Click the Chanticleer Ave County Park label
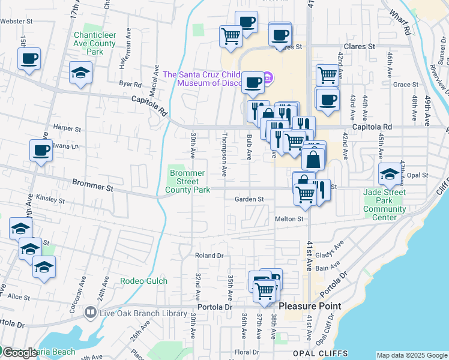point(94,43)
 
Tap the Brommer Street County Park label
point(188,181)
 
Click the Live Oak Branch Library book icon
point(90,312)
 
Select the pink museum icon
point(268,77)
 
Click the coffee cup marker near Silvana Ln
point(41,151)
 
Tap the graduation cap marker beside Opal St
point(389,175)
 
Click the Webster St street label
point(16,21)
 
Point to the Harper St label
point(67,128)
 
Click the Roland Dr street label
point(209,256)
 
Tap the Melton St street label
point(289,220)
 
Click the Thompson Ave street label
point(224,154)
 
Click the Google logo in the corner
point(19,353)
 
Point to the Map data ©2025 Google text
point(411,355)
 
